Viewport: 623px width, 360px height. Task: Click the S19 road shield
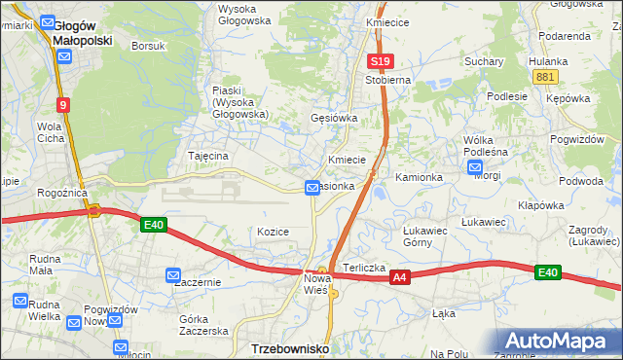380,61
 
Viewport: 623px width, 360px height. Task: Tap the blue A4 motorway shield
399,278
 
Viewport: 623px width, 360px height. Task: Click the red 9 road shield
62,104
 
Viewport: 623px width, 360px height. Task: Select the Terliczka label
364,268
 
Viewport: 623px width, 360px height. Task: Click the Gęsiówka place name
334,118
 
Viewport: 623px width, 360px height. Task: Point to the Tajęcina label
207,156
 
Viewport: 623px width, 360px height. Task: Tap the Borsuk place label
149,46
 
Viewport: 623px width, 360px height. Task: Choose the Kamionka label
419,177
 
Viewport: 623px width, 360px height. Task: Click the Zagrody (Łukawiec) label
595,234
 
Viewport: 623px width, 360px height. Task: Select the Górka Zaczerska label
203,325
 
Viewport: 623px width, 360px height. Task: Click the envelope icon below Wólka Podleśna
476,166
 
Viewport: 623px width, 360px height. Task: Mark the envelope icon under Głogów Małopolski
63,56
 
